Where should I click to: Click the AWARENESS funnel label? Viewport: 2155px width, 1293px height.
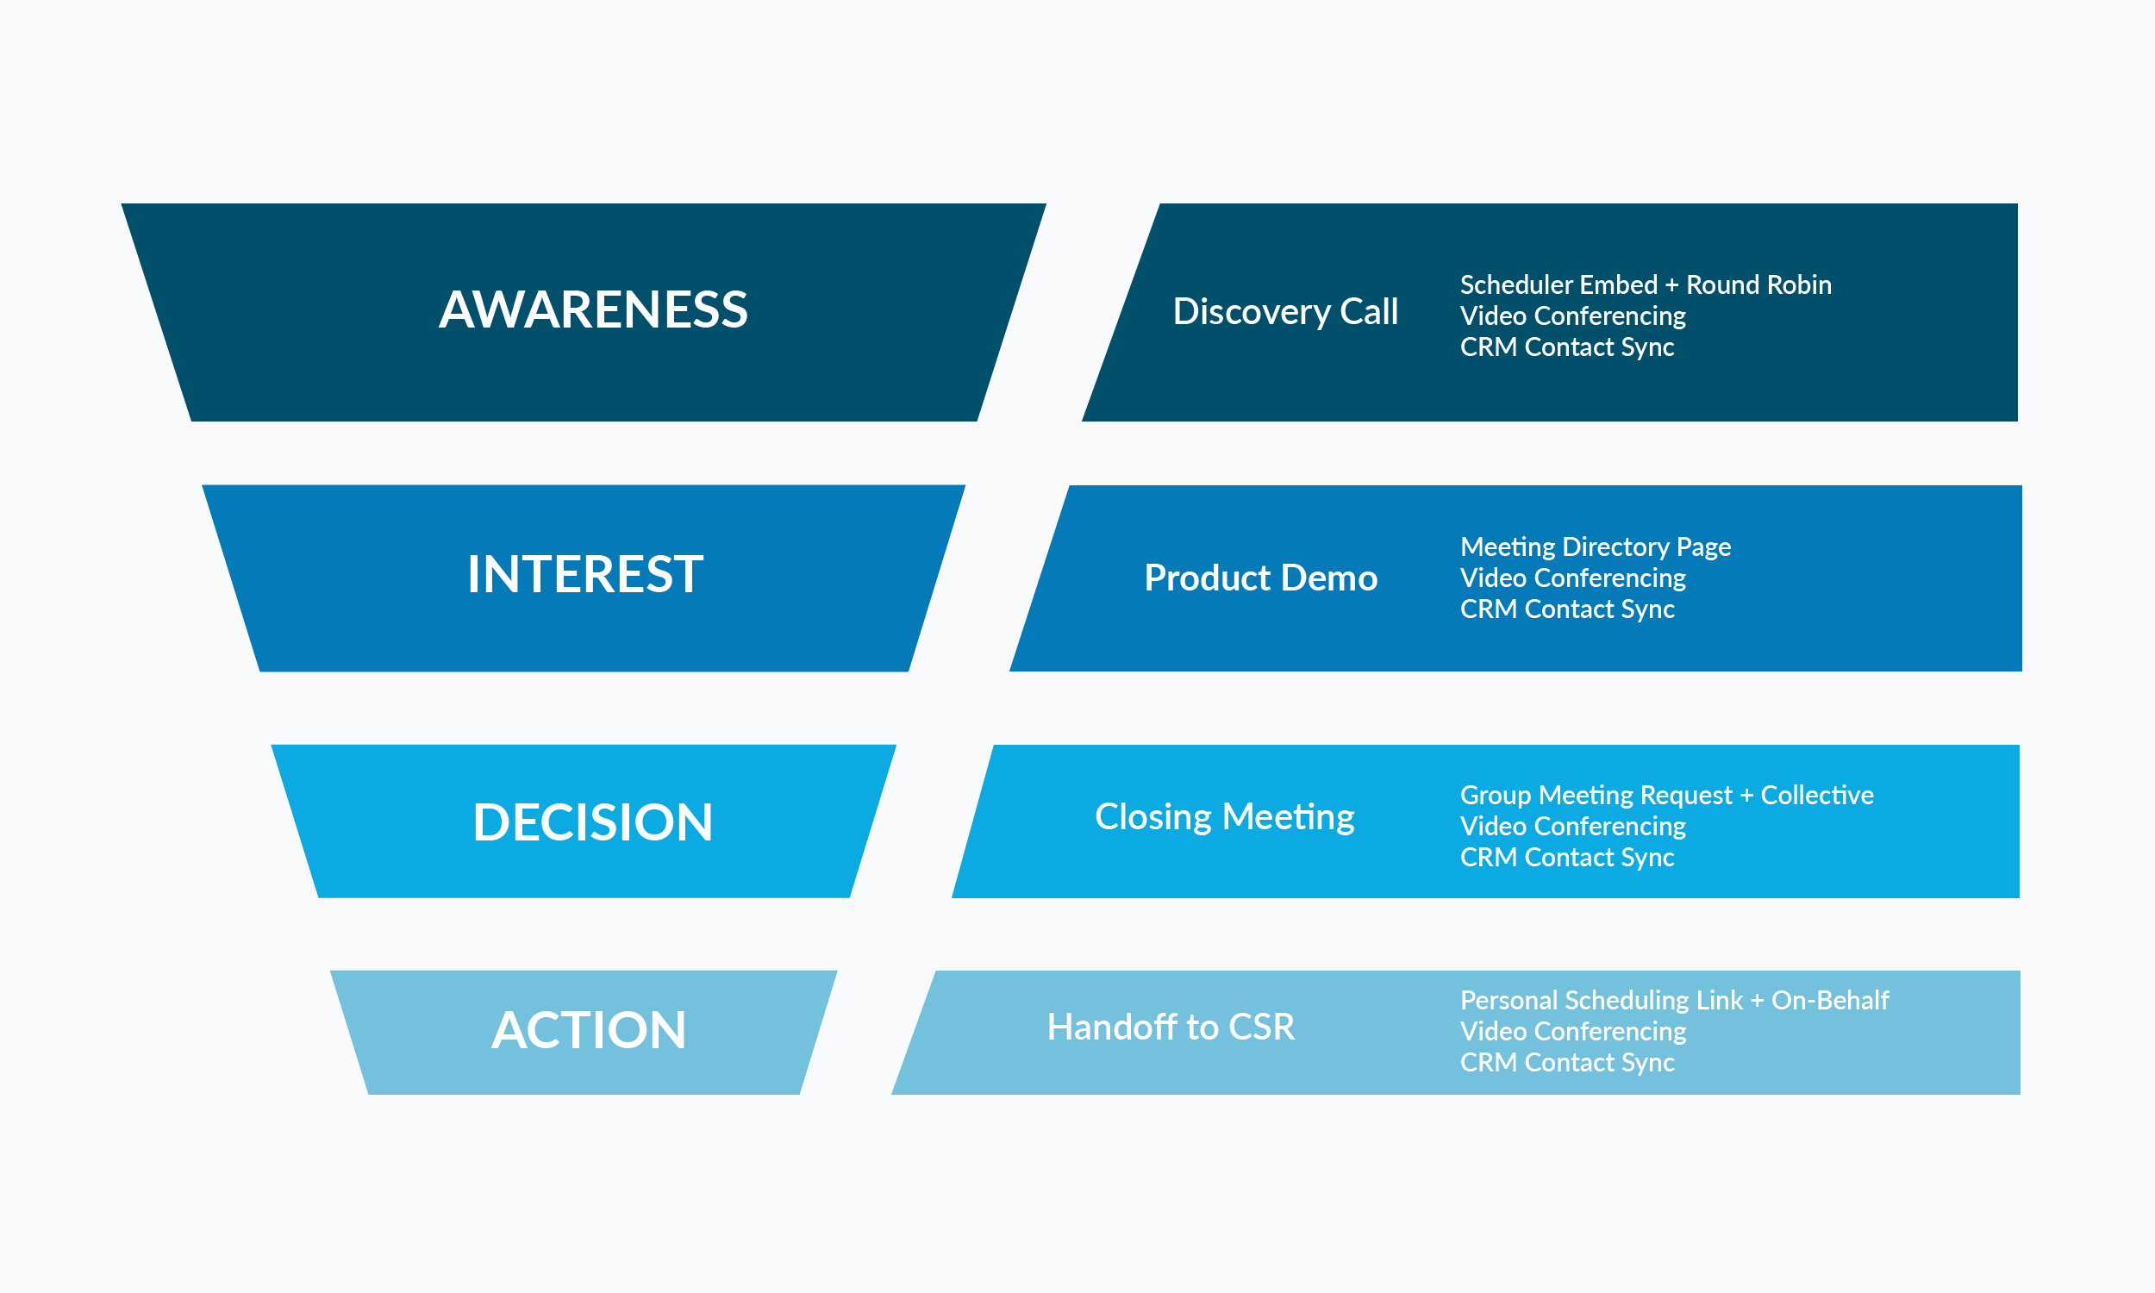592,309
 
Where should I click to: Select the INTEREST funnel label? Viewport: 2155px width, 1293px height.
584,574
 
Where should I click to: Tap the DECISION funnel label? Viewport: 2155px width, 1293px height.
592,821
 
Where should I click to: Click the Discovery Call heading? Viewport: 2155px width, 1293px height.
1285,311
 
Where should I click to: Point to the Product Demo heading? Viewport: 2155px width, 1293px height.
1260,578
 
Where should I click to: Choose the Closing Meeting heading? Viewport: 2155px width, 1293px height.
1224,816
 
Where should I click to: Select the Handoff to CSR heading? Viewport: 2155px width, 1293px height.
1170,1027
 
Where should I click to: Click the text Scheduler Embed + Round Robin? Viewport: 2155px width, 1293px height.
1645,285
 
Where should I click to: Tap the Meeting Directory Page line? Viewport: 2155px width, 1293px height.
1595,547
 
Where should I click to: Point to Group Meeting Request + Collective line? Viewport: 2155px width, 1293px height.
1665,795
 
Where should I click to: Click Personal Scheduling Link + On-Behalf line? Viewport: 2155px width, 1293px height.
1673,999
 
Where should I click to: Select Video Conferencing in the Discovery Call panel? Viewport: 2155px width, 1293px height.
1572,315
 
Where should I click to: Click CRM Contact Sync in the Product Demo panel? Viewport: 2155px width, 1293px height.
1566,609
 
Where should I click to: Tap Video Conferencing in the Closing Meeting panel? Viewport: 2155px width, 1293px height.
1572,826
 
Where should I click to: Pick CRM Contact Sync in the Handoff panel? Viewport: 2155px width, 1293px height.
1566,1062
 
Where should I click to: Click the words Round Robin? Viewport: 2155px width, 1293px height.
1758,285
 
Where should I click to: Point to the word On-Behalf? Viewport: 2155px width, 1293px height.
1829,999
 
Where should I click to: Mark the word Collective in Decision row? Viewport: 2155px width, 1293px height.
1816,795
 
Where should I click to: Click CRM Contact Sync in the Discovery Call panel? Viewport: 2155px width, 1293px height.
1566,347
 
